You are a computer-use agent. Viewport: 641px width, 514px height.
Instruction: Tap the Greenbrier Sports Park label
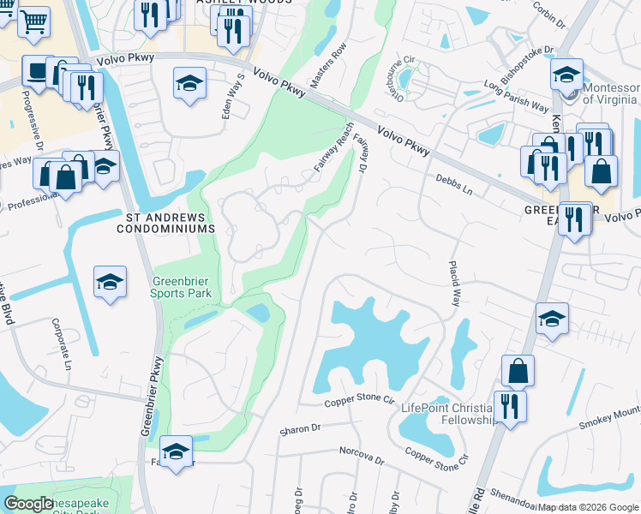coord(181,287)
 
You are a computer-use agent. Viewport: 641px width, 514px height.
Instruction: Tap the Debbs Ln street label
coord(453,182)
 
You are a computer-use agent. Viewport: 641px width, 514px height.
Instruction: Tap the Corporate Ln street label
coord(61,343)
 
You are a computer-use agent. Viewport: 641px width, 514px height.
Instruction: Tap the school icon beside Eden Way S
coord(189,83)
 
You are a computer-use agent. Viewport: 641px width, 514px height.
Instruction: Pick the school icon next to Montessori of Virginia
coord(566,75)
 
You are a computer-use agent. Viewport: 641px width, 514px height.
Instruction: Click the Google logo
coord(28,505)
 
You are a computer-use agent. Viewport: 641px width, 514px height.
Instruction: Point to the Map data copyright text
coord(589,507)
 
